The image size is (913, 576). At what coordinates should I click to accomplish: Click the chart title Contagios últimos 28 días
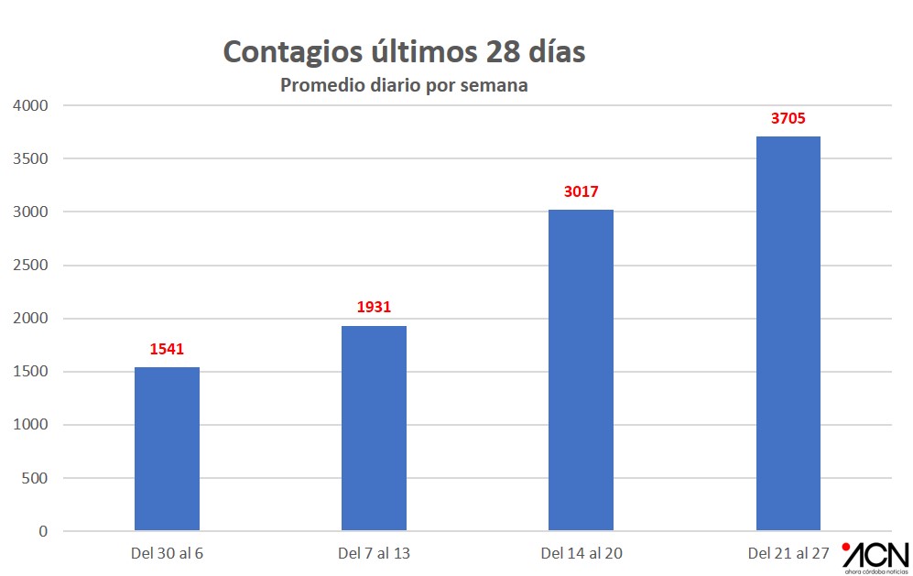[x=404, y=51]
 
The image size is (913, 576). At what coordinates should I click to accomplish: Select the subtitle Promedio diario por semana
[x=404, y=86]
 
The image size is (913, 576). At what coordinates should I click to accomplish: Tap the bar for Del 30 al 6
[x=167, y=449]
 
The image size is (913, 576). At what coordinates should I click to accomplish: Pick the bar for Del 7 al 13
[x=374, y=428]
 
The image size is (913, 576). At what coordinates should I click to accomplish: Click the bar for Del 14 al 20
[x=581, y=370]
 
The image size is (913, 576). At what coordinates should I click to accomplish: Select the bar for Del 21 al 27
[x=788, y=333]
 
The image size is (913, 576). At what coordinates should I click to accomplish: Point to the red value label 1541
[x=167, y=349]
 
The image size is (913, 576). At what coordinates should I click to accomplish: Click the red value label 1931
[x=374, y=308]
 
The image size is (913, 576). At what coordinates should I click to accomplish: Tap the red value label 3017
[x=581, y=192]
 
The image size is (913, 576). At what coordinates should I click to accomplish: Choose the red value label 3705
[x=788, y=118]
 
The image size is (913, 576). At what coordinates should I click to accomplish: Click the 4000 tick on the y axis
[x=30, y=105]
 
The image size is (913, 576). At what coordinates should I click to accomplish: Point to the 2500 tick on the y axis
[x=30, y=266]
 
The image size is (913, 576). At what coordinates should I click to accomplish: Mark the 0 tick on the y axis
[x=43, y=531]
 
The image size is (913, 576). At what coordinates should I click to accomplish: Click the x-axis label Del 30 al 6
[x=167, y=553]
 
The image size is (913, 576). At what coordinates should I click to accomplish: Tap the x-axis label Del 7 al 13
[x=374, y=553]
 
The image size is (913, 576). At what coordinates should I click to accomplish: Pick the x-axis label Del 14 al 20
[x=581, y=553]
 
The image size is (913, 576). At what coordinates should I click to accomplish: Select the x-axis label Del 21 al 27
[x=788, y=553]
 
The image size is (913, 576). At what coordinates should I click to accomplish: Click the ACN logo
[x=875, y=556]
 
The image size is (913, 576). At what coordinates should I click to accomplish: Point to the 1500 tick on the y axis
[x=30, y=372]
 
